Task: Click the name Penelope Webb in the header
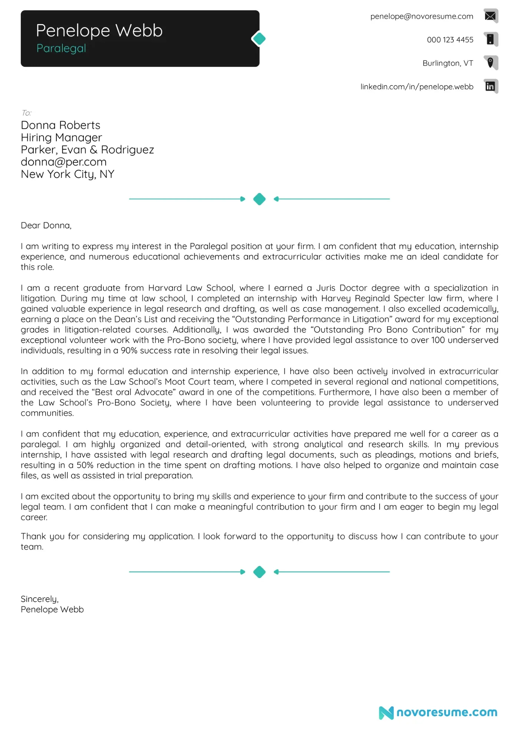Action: tap(99, 31)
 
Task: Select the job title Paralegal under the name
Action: tap(61, 48)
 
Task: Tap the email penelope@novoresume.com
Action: tap(422, 16)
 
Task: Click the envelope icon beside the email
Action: tap(490, 16)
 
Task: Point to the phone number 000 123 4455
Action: tap(450, 40)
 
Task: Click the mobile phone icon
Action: tap(490, 39)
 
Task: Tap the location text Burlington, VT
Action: tap(447, 63)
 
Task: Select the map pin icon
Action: tap(490, 63)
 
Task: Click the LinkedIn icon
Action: tap(490, 86)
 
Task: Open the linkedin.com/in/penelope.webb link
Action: tap(417, 87)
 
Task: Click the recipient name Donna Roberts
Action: tap(60, 125)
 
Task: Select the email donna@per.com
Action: tap(63, 162)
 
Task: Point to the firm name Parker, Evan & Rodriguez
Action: tap(87, 150)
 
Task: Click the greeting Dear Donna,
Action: tap(46, 226)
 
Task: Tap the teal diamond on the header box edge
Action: tap(259, 39)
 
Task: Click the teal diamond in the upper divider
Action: tap(259, 199)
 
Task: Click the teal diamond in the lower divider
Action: tap(259, 572)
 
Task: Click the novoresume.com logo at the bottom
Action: tap(438, 712)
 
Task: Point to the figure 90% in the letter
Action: tap(129, 351)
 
